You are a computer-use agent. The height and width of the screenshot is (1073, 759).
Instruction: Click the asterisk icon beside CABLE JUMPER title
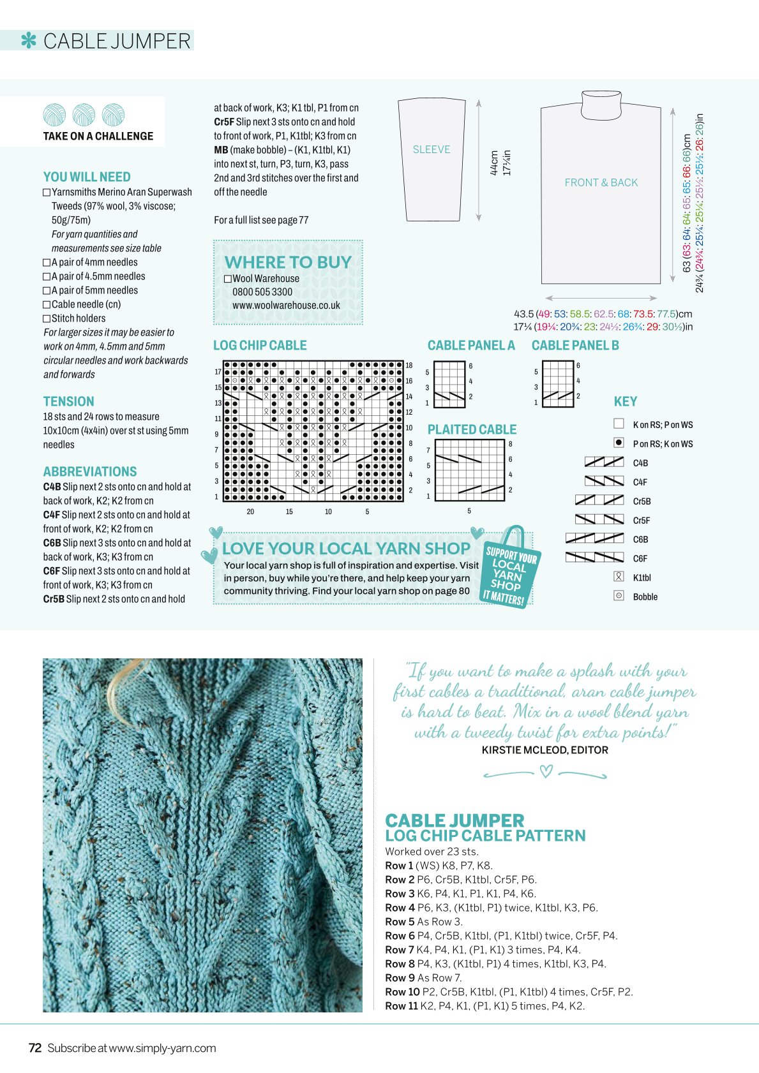[x=29, y=41]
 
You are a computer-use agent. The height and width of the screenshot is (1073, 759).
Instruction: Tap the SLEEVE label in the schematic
[x=431, y=149]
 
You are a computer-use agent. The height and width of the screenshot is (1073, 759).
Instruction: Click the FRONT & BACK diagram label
[x=601, y=182]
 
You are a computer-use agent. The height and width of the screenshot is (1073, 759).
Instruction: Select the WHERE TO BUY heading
[x=288, y=262]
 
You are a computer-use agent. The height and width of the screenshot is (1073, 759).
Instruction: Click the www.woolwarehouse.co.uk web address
[x=286, y=305]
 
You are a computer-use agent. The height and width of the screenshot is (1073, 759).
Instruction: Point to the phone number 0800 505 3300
[x=262, y=292]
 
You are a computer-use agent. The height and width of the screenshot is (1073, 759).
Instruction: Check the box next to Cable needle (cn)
[x=47, y=305]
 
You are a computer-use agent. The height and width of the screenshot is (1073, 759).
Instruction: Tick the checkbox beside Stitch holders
[x=47, y=318]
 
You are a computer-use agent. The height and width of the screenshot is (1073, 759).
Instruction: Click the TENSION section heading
[x=68, y=401]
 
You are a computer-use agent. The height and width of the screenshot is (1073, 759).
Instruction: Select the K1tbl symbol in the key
[x=619, y=577]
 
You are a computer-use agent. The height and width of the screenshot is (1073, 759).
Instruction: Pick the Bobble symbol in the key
[x=619, y=596]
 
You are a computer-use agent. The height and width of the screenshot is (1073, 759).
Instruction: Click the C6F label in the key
[x=640, y=559]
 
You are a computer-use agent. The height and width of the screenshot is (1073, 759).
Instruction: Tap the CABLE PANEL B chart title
[x=575, y=345]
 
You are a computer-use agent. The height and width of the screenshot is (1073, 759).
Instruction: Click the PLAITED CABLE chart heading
[x=472, y=430]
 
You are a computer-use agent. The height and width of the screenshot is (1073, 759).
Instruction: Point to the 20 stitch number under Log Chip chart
[x=250, y=512]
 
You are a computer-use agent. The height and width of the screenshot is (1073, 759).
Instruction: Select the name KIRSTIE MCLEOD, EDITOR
[x=545, y=750]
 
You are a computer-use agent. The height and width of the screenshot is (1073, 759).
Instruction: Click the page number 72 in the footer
[x=35, y=1048]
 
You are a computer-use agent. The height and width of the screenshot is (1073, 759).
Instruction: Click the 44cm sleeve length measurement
[x=494, y=163]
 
